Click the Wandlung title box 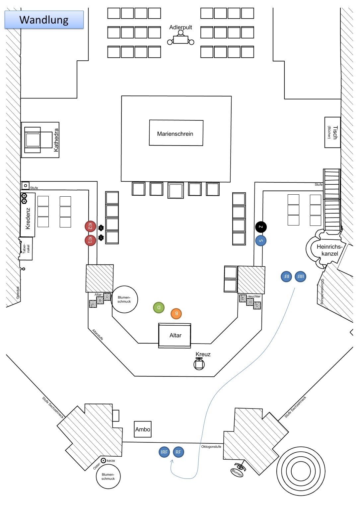(x=44, y=20)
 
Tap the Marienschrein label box (x=176, y=133)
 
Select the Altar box (x=175, y=336)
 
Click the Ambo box (x=143, y=429)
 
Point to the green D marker (x=159, y=307)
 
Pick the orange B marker (x=176, y=313)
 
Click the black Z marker (x=261, y=227)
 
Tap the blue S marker (x=261, y=241)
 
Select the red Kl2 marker (x=90, y=226)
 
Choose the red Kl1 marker (x=90, y=240)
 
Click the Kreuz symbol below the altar (x=199, y=364)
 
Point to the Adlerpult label (x=180, y=27)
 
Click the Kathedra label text (x=56, y=140)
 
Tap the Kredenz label (x=28, y=219)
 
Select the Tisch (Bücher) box (x=332, y=132)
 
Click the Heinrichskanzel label (x=329, y=250)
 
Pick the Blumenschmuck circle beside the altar (x=124, y=299)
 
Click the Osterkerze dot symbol (x=104, y=461)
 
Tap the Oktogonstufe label (x=211, y=447)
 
